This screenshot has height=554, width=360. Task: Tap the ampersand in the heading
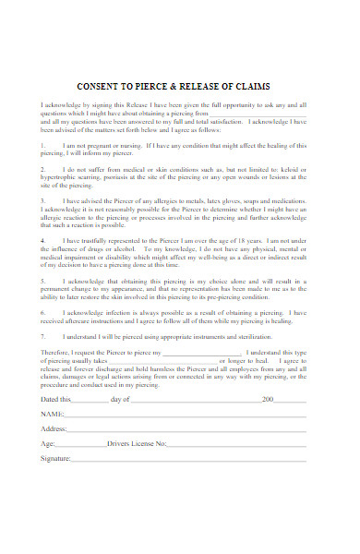point(189,86)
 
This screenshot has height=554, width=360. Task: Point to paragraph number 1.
point(42,146)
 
